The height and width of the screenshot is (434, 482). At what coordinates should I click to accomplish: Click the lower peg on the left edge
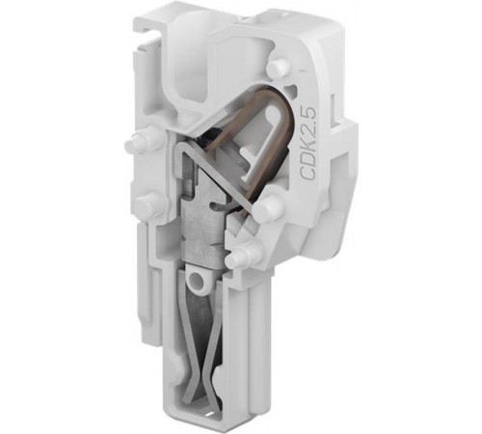(x=148, y=203)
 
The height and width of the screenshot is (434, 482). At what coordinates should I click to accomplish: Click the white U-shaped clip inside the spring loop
(x=263, y=144)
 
